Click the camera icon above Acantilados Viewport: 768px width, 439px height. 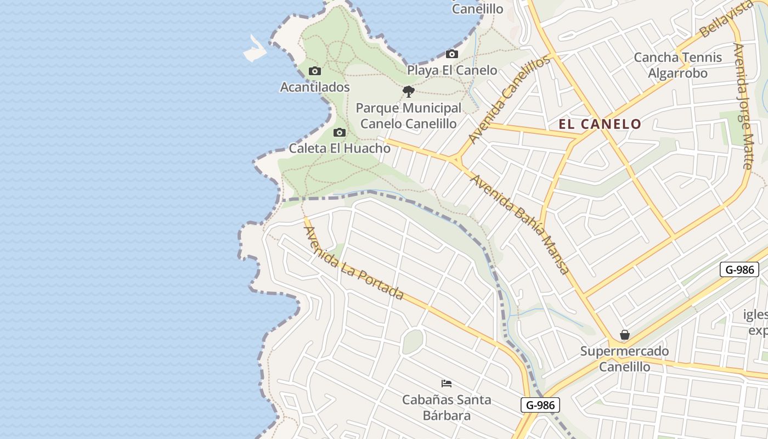(x=315, y=71)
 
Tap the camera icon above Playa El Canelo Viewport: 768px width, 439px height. (x=452, y=54)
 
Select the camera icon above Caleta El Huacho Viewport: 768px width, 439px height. (x=340, y=132)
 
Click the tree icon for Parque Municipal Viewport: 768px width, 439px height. (x=408, y=92)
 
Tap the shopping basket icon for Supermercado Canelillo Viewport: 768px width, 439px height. (x=624, y=335)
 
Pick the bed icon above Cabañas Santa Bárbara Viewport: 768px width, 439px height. (x=447, y=383)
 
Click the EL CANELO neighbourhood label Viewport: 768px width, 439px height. (x=600, y=124)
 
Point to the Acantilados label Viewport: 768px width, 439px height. (x=315, y=87)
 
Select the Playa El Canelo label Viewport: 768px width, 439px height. (x=452, y=70)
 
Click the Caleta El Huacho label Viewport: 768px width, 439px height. (x=340, y=148)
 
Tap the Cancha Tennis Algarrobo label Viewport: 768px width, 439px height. (x=678, y=65)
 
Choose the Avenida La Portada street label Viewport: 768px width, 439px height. (x=354, y=263)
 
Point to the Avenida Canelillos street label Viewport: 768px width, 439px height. (x=509, y=99)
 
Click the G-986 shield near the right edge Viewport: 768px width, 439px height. (x=739, y=269)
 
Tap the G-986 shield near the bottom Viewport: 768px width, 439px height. (x=540, y=406)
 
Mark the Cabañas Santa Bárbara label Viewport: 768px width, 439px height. (x=447, y=407)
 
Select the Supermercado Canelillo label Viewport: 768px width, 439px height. (x=624, y=359)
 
